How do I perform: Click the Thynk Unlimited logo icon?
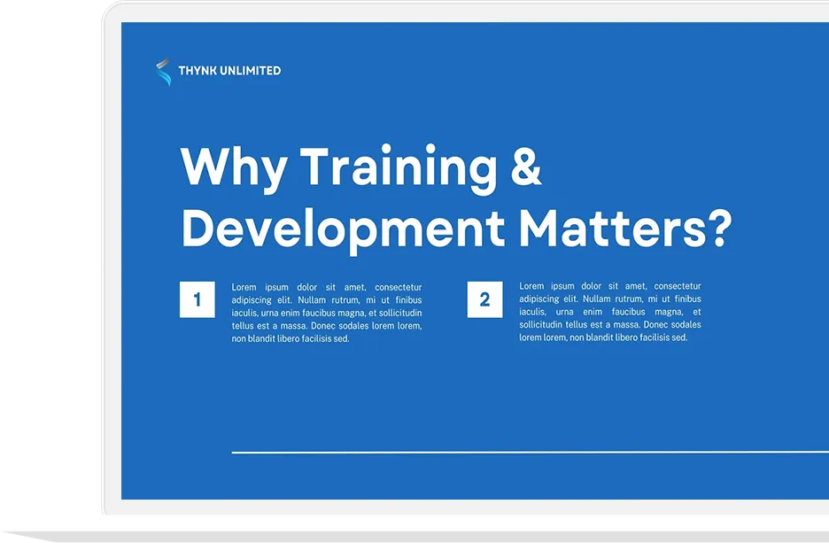163,72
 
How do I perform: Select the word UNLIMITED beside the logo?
252,71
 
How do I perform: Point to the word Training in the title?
398,167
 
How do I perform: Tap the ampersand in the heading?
526,167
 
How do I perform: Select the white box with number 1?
198,299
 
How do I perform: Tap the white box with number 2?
484,299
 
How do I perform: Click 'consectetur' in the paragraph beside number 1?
398,288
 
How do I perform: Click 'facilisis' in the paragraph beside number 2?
645,337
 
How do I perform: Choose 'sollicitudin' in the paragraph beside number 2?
541,325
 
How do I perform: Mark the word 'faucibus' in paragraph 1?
322,314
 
